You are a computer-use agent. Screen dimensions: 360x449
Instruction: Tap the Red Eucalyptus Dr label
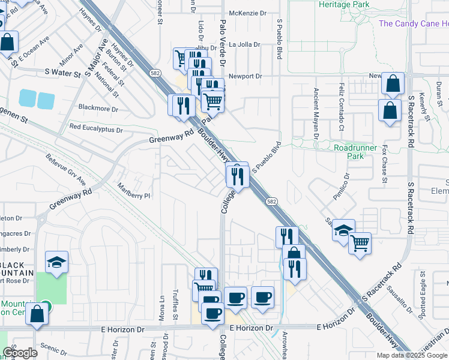(96, 128)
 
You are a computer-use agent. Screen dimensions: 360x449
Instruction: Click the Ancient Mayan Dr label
(316, 113)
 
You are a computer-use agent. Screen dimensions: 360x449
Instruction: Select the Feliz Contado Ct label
(341, 107)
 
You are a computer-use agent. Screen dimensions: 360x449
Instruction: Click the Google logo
(20, 353)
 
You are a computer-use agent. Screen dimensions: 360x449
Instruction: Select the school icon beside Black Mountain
(57, 262)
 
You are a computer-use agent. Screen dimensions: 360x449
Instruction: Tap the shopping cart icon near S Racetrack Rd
(360, 242)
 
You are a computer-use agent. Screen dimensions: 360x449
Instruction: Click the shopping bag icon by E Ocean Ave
(7, 43)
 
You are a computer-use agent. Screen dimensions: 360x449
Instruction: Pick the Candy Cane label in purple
(414, 23)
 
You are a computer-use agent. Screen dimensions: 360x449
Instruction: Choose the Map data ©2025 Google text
(412, 355)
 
